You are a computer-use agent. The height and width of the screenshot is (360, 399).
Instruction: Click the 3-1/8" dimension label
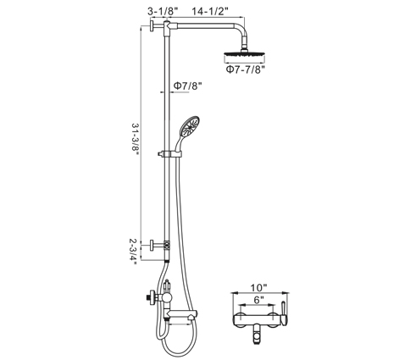tap(163, 11)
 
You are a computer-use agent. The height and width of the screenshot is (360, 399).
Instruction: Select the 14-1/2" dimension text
tap(210, 11)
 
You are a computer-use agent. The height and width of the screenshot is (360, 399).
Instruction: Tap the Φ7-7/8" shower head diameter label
tap(246, 69)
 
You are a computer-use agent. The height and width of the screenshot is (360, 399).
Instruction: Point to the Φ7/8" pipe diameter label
tap(188, 86)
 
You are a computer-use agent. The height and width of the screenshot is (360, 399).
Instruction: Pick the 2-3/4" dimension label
tap(133, 252)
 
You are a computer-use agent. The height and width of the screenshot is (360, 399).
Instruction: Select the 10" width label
tap(258, 288)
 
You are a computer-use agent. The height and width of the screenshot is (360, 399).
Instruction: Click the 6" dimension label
tap(258, 300)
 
